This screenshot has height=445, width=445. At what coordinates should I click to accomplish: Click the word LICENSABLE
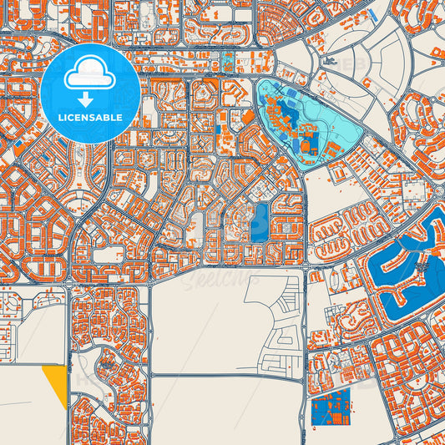pos(90,118)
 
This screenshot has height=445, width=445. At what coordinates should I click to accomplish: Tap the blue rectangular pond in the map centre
pos(259,222)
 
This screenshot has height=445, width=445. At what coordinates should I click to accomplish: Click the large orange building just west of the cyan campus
pos(248,117)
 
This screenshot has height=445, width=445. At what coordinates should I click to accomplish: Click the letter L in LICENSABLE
pos(59,118)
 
